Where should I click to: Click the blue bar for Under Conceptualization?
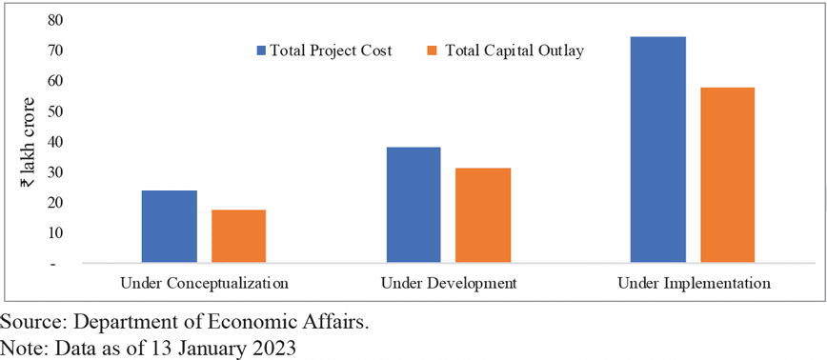(169, 227)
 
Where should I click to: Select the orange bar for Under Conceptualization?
(238, 236)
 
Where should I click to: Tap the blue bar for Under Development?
(413, 205)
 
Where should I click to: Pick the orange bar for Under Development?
(483, 215)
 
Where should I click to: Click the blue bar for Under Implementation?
(658, 150)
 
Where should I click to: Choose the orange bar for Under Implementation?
(728, 174)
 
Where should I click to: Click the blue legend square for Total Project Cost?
(261, 50)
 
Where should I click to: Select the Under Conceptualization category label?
(204, 284)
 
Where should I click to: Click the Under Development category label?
(448, 284)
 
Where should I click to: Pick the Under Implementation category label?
(693, 284)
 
